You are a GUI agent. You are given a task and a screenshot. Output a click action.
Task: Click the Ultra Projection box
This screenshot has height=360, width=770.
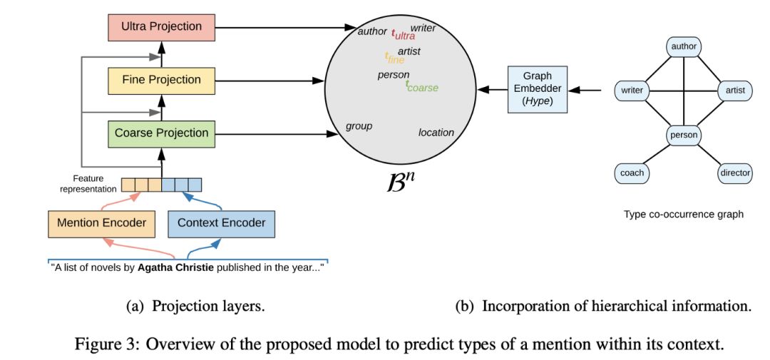coord(161,27)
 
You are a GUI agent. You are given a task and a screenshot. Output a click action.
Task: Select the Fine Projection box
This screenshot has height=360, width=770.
coord(161,80)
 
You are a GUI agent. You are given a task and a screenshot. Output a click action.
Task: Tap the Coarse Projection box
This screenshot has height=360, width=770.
coord(161,133)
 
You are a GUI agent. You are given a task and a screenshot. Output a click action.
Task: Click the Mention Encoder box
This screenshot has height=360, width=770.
coord(101,223)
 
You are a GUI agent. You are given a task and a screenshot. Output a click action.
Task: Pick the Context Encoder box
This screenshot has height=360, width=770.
coord(222,223)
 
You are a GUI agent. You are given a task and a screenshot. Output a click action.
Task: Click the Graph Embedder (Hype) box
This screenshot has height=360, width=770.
coord(538,89)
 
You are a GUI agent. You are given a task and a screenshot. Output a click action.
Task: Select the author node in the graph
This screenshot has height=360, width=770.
coord(684,48)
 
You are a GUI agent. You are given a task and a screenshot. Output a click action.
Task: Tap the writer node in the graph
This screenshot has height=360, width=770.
coord(632,91)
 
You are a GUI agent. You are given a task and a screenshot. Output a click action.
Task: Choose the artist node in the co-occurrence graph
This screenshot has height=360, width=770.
coord(735,91)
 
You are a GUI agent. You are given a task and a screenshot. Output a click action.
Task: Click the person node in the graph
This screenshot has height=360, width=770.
coord(684,134)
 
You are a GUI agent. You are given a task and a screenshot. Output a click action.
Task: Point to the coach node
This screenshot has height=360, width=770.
coord(632,173)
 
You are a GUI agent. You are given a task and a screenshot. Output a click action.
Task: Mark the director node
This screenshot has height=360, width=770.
coord(735,173)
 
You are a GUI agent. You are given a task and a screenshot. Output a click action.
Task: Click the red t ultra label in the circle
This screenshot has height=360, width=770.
coord(403,34)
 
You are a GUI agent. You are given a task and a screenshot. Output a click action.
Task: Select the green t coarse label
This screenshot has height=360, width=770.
coord(421,87)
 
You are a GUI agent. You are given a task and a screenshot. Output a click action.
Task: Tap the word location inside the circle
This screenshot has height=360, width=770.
coord(436,133)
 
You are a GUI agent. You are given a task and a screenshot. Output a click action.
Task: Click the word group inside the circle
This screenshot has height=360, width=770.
coord(359,126)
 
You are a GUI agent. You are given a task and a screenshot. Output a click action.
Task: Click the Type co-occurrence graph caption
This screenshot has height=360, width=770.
coord(684,214)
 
